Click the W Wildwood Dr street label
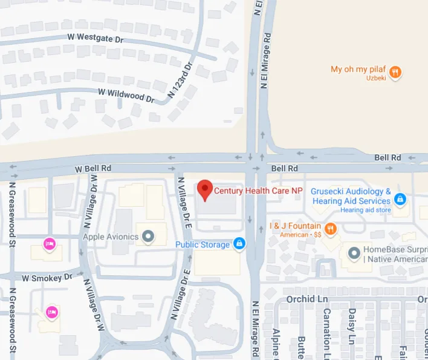[126, 94]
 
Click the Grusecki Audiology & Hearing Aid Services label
[351, 196]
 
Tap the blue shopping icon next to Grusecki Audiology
[400, 198]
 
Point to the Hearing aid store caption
[365, 210]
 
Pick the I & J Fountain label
[295, 226]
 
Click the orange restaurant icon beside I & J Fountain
[330, 229]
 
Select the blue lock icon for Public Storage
[239, 244]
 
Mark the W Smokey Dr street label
[47, 278]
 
